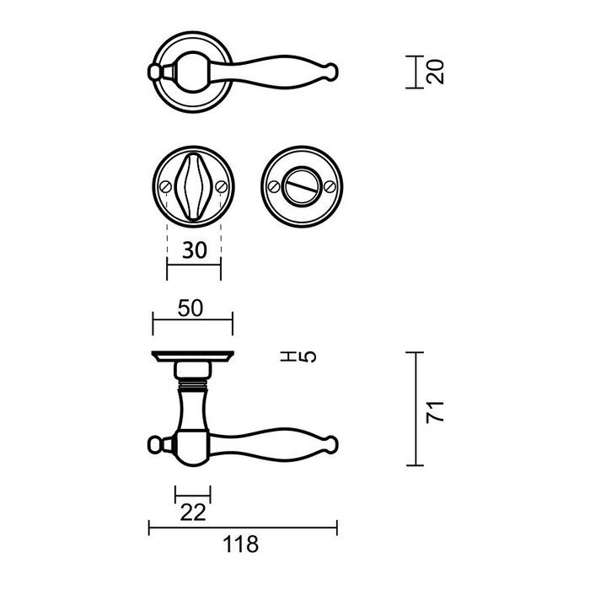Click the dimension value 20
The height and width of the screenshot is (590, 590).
point(435,72)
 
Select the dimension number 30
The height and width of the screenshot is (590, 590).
point(193,250)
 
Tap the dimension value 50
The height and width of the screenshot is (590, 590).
point(191,309)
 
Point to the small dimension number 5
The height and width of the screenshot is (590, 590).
point(308,357)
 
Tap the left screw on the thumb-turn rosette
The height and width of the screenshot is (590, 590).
point(166,185)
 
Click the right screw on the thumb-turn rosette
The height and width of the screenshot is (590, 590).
point(220,185)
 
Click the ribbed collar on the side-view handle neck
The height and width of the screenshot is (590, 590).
point(192,389)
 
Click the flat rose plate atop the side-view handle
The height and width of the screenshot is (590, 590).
point(192,355)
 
